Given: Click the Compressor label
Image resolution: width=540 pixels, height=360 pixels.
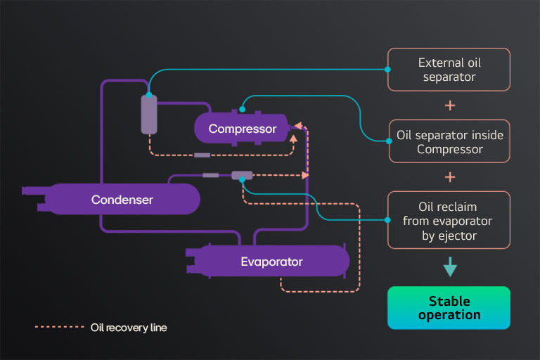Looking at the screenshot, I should click(243, 129).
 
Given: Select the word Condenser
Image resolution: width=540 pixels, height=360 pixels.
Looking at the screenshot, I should click(122, 200).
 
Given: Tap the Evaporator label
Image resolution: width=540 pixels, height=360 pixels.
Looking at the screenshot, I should click(271, 262).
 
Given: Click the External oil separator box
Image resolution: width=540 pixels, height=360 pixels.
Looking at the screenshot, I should click(450, 69).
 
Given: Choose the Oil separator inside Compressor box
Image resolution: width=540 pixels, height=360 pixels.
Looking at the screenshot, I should click(450, 141).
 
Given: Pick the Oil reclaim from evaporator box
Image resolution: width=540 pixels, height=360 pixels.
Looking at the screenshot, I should click(450, 220).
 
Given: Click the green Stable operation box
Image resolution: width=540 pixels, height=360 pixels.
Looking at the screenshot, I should click(449, 308).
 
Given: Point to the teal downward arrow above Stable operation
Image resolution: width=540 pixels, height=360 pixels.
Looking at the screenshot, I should click(450, 268).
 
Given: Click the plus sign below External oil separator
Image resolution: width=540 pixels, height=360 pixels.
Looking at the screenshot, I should click(450, 105).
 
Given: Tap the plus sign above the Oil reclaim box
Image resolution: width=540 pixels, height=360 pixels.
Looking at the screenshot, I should click(450, 176).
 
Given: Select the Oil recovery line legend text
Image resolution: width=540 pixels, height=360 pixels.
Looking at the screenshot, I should click(129, 328).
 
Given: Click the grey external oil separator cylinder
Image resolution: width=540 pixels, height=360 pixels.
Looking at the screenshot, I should click(149, 114).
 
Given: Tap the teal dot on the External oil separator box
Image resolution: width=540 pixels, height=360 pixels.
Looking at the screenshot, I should click(388, 69).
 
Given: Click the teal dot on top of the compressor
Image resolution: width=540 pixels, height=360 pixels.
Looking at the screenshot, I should click(241, 108).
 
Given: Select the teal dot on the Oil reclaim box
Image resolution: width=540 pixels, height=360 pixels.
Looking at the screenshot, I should click(388, 220).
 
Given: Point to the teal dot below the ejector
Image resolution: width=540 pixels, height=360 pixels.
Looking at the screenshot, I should click(242, 180).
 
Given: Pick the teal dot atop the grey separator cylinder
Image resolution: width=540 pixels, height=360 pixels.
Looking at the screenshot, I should click(149, 94).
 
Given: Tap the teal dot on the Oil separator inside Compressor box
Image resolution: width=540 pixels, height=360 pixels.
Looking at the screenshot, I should click(388, 141).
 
